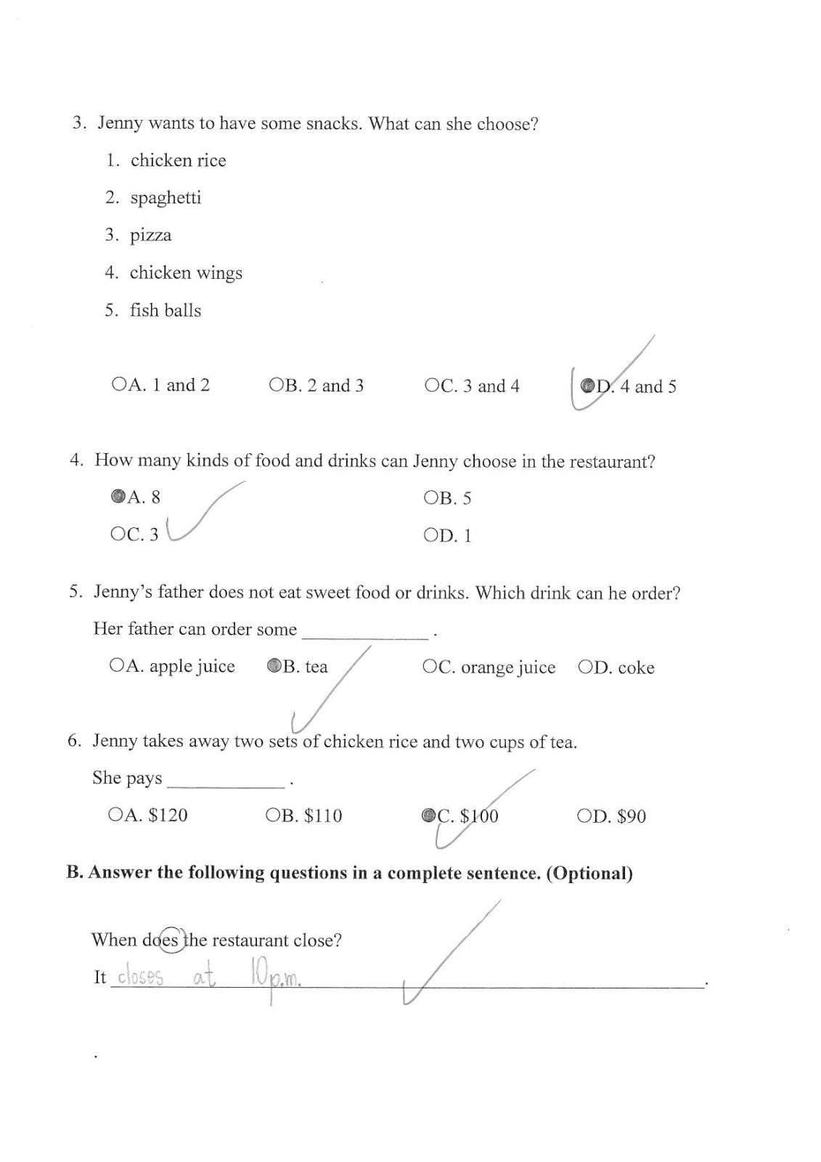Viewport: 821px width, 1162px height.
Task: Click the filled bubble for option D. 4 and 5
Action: click(x=588, y=386)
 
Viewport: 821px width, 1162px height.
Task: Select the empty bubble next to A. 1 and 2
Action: click(x=118, y=384)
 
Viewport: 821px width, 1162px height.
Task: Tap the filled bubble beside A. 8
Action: click(x=118, y=497)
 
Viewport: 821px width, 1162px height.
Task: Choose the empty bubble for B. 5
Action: click(x=430, y=497)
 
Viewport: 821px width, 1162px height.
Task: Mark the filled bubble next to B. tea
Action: click(x=274, y=665)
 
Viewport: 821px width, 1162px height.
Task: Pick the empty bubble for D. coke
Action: click(x=585, y=667)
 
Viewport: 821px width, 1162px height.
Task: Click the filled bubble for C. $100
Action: click(x=428, y=816)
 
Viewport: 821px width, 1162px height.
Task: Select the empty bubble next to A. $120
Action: click(x=115, y=815)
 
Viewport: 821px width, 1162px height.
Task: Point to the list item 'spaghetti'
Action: click(x=166, y=198)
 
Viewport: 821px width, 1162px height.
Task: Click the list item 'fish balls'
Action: click(x=166, y=310)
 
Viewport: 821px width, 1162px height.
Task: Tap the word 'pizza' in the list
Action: click(x=151, y=235)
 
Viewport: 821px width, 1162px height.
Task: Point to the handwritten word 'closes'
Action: click(x=140, y=978)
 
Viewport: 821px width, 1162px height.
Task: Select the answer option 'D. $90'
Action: click(x=611, y=816)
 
